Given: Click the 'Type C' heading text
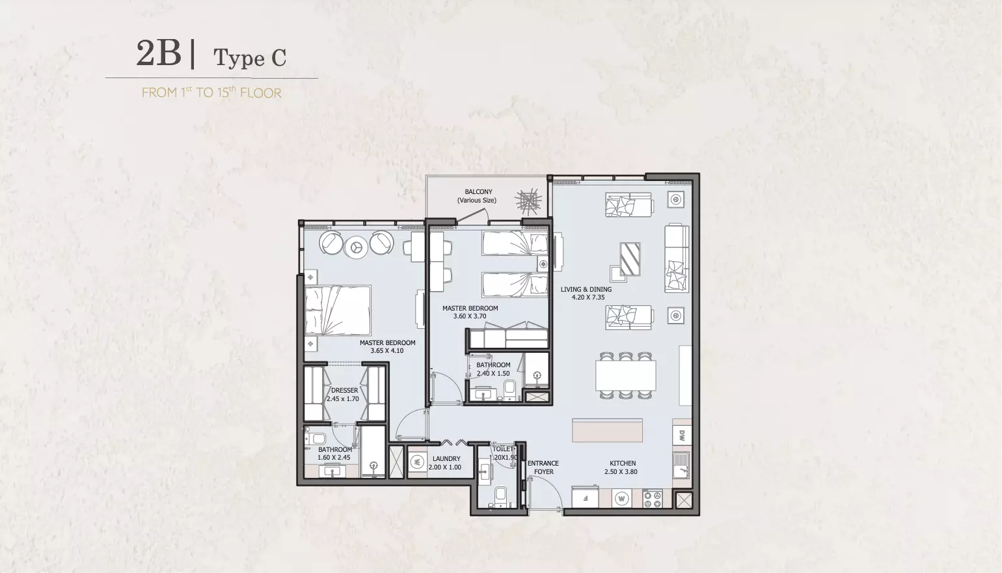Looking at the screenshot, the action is coord(250,58).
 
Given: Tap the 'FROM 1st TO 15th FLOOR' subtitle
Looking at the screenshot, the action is coord(211,92).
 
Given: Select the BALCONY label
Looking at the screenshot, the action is coord(478,191).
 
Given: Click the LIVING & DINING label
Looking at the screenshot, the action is coord(586,289).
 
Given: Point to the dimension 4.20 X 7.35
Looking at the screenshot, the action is coord(588,297).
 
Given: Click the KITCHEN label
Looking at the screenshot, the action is coord(623,464).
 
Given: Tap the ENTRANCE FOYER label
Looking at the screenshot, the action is coord(543,468).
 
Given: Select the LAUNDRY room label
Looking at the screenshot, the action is coord(446,458).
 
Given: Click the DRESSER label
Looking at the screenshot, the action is coord(344,391).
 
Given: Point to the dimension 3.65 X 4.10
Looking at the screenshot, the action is coord(387,350).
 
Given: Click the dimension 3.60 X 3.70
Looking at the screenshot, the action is coord(470,316).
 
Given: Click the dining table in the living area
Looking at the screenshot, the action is coord(625,375).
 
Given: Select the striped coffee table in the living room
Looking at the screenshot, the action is coord(630,259).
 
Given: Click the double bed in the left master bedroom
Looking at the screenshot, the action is coord(338,311).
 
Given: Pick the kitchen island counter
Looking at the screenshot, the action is coord(608,430).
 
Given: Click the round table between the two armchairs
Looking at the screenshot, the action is coord(357,247).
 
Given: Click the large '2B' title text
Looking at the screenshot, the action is coord(159,53).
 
